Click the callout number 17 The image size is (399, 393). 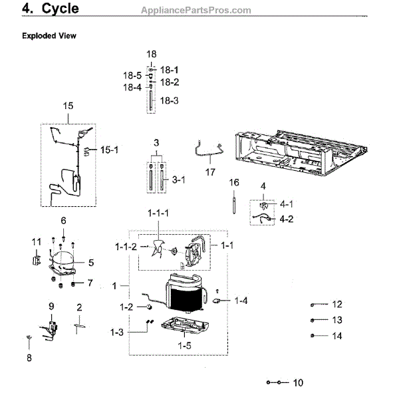coord(211,171)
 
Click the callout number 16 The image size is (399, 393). coord(233,182)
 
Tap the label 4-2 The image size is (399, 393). coord(287,217)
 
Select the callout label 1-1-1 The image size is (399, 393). coord(158,213)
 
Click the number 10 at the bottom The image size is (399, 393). coord(297,382)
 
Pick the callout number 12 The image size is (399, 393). coord(336,305)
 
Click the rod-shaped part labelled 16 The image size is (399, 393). coord(235,202)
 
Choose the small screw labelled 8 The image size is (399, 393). coord(29,339)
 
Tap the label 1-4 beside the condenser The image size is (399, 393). coord(241,301)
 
